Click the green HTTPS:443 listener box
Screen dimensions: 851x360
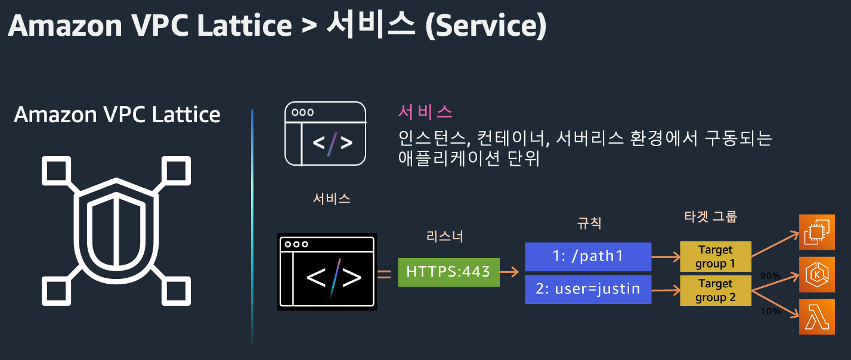[x=448, y=272]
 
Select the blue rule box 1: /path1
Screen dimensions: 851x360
[x=587, y=257]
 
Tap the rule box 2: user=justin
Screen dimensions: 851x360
[x=587, y=289]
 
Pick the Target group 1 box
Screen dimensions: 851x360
[x=715, y=257]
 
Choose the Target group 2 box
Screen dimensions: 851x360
[x=715, y=290]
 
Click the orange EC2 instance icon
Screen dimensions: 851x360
[x=817, y=232]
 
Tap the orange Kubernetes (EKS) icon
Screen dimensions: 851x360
[x=817, y=275]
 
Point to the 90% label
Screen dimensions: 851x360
[x=770, y=276]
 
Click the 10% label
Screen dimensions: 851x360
[x=770, y=311]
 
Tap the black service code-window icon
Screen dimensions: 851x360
[x=327, y=273]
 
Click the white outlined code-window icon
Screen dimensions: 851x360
[x=325, y=134]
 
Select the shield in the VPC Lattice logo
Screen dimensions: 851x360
[x=116, y=221]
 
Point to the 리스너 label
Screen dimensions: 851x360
[x=445, y=237]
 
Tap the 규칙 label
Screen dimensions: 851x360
[x=589, y=224]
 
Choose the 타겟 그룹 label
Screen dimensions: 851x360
[x=710, y=216]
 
